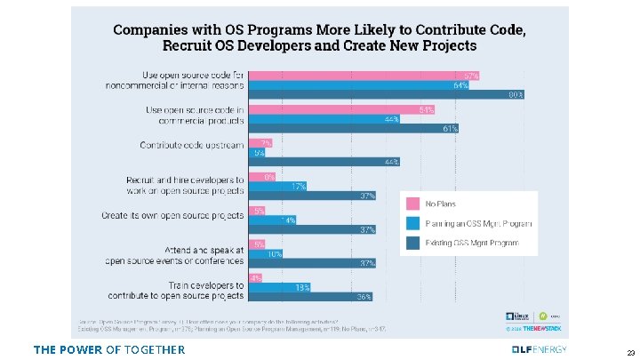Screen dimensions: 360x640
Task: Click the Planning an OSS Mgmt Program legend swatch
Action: click(x=413, y=222)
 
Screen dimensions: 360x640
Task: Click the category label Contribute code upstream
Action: click(x=191, y=145)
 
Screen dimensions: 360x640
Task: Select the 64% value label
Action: click(x=460, y=85)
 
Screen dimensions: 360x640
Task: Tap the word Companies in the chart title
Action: click(x=150, y=28)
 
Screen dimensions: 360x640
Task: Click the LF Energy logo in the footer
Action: click(x=539, y=349)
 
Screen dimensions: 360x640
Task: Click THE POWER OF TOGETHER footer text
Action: click(x=109, y=349)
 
